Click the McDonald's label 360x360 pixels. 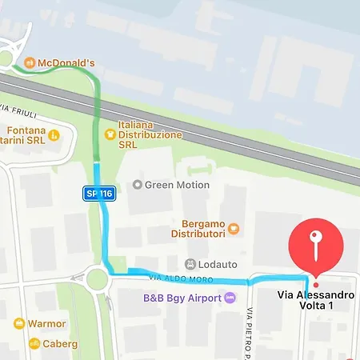click(66, 62)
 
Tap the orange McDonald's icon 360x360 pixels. click(30, 62)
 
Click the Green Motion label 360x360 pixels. click(177, 185)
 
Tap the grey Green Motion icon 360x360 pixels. click(137, 185)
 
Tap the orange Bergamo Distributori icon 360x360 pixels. click(233, 228)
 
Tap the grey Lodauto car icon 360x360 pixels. click(190, 264)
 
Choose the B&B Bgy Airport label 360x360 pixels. click(182, 298)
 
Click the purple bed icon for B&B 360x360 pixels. click(230, 298)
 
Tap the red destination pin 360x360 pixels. click(316, 243)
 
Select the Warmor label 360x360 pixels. click(47, 324)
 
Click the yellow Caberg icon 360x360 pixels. click(34, 344)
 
